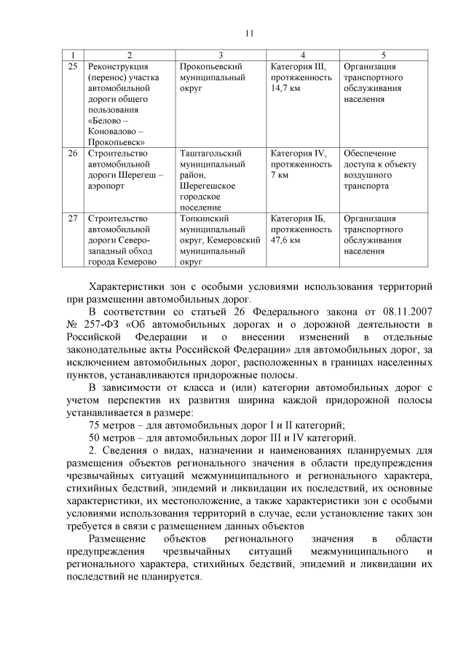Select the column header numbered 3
click(221, 55)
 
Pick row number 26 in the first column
click(72, 154)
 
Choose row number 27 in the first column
click(72, 218)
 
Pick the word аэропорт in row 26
click(108, 186)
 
